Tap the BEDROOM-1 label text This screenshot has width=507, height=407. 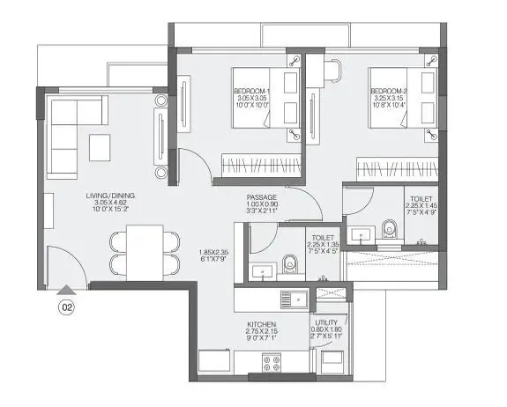coord(253,92)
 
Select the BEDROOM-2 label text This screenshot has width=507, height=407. coord(389,92)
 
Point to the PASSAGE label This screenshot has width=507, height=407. coord(262,197)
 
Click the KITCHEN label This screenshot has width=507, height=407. coord(261,325)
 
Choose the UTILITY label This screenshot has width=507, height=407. coord(325,324)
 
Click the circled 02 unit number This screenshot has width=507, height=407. coord(66,307)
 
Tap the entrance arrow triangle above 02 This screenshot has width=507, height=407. coord(66,290)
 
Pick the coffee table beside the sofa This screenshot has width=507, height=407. coord(100,146)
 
